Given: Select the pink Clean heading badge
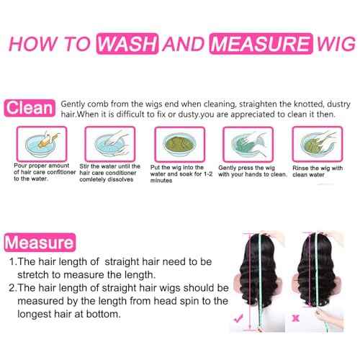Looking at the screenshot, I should pos(30,108).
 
